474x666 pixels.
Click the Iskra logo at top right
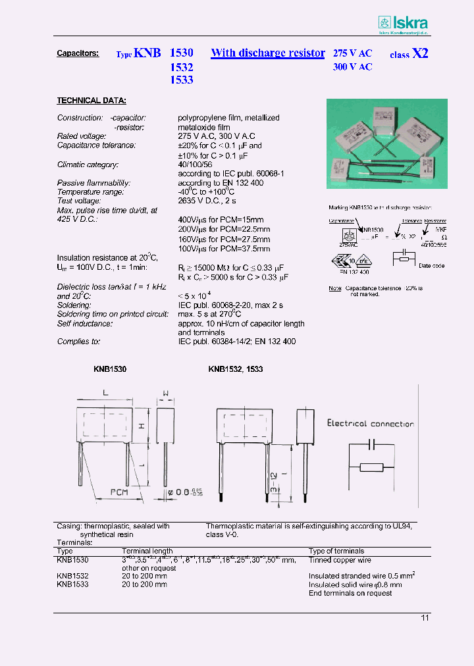[x=404, y=23]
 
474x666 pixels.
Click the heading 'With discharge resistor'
[x=267, y=53]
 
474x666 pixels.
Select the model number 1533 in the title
[x=181, y=80]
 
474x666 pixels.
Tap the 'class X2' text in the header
[x=409, y=54]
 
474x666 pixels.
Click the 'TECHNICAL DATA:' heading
[x=91, y=101]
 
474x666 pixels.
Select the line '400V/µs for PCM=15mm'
[x=223, y=220]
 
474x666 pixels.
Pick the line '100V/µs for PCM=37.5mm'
[x=224, y=249]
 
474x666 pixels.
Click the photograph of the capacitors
[x=387, y=143]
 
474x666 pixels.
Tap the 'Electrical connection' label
[x=371, y=424]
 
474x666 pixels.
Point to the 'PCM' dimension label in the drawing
[x=119, y=491]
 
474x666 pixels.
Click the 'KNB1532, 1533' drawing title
[x=235, y=370]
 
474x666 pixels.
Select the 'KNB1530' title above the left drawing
[x=109, y=370]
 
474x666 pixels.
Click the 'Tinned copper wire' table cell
[x=340, y=559]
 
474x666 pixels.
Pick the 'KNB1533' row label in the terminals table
[x=72, y=584]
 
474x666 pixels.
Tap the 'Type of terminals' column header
[x=336, y=551]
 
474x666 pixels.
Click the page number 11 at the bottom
[x=425, y=617]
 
